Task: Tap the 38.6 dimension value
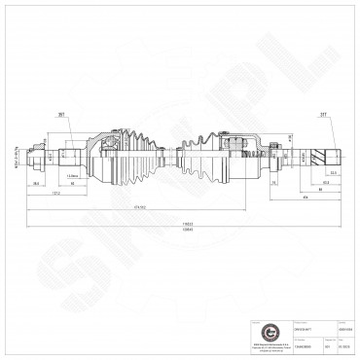click(x=36, y=182)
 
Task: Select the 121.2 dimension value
click(x=58, y=193)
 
